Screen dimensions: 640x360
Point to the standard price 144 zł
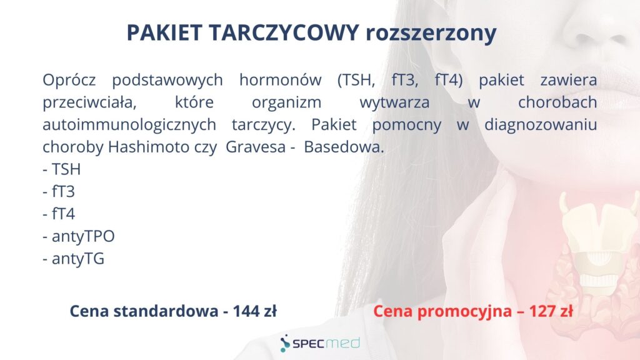click(255, 311)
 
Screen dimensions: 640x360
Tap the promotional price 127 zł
click(551, 311)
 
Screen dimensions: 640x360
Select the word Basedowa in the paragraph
click(344, 147)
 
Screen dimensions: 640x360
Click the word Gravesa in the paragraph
click(256, 147)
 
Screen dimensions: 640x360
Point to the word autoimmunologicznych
click(129, 125)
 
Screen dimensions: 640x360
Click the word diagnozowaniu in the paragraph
click(541, 125)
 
